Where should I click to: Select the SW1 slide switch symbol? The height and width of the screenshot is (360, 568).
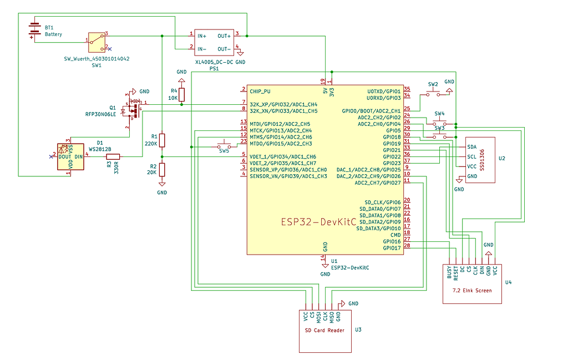(x=97, y=40)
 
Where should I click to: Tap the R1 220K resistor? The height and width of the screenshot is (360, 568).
(x=162, y=140)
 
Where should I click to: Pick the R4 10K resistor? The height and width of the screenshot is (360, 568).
(x=181, y=94)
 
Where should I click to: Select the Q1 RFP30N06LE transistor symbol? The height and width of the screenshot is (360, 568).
(x=133, y=109)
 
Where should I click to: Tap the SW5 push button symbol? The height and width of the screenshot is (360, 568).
(x=224, y=147)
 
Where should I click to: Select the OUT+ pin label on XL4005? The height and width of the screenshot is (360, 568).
(x=225, y=36)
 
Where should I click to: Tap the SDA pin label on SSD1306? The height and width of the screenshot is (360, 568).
(x=471, y=147)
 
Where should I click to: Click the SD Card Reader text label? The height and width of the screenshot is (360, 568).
(x=324, y=331)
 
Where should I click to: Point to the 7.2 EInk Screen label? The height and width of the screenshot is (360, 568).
(x=471, y=290)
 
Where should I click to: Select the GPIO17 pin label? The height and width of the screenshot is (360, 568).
(x=392, y=248)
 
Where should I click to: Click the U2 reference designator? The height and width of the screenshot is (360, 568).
(x=501, y=158)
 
